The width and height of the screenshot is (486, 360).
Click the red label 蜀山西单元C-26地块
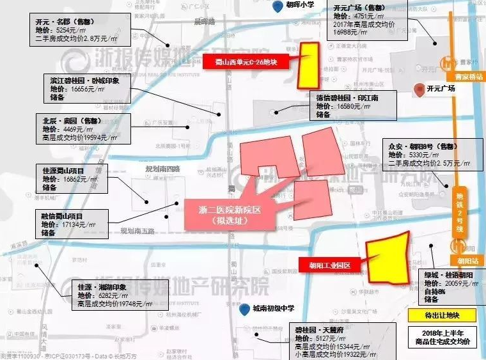coord(246,63)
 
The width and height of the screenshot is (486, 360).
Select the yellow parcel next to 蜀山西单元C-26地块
coord(309,65)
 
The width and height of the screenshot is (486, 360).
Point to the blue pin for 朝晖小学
coord(276,7)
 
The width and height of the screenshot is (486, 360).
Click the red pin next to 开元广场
coord(418,90)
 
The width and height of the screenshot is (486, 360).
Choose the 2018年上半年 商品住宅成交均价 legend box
coord(443,338)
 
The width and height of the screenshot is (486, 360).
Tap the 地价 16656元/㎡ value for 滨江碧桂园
coord(84,90)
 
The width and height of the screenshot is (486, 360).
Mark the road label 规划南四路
coord(162,169)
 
